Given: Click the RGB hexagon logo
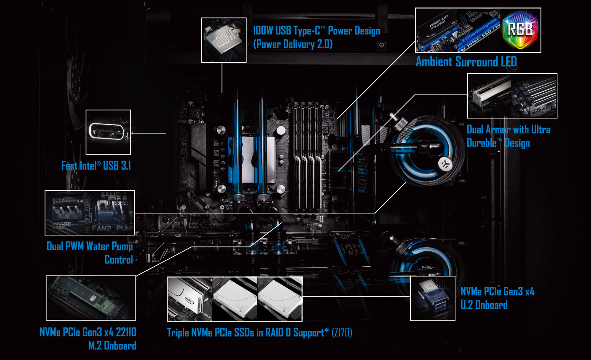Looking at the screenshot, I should click(x=520, y=30).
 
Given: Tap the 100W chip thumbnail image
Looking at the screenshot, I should click(x=223, y=40).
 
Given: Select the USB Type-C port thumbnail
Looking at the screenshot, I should click(x=108, y=132).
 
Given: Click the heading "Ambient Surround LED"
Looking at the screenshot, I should click(x=466, y=62).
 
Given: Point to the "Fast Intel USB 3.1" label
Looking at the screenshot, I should click(x=96, y=166).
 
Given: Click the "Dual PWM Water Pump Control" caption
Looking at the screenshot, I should click(x=90, y=253).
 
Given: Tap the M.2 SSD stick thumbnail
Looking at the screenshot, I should click(x=91, y=298).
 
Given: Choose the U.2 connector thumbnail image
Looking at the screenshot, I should click(x=433, y=298).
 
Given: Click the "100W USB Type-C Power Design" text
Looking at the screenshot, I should click(x=316, y=31).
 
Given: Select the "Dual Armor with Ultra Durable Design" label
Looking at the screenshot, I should click(x=508, y=136).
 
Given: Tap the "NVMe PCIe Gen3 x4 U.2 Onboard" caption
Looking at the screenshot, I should click(x=497, y=298).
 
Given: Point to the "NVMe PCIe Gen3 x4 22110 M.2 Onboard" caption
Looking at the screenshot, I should click(x=88, y=339).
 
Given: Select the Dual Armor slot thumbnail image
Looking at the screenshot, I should click(x=512, y=96).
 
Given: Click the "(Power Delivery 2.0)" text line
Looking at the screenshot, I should click(x=293, y=44).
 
